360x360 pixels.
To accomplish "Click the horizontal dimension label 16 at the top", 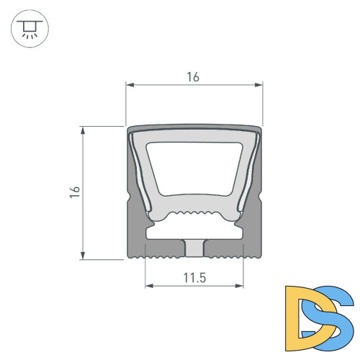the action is click(x=193, y=77).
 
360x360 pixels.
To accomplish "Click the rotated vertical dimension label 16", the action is click(x=75, y=192).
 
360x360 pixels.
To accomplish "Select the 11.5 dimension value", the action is click(x=194, y=278).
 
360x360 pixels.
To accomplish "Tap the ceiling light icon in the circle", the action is click(x=30, y=29).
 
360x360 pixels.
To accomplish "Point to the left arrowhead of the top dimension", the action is click(x=130, y=85).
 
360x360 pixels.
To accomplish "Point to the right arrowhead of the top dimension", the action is click(x=258, y=85).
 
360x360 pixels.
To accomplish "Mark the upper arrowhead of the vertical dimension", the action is click(x=83, y=130).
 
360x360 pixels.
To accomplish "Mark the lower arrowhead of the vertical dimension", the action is click(x=83, y=256).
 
